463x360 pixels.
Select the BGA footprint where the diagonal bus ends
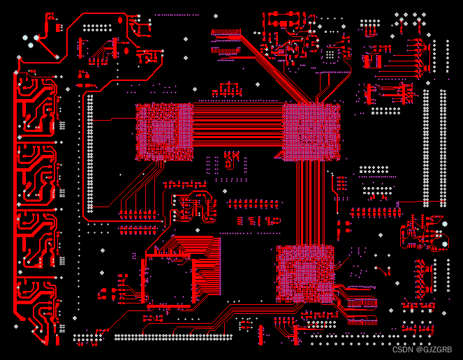click(x=311, y=132)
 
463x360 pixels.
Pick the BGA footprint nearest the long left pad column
click(x=164, y=130)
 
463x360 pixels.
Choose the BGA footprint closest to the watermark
click(x=305, y=273)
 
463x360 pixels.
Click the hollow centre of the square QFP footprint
click(x=168, y=283)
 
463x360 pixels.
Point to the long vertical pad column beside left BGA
click(x=89, y=153)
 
